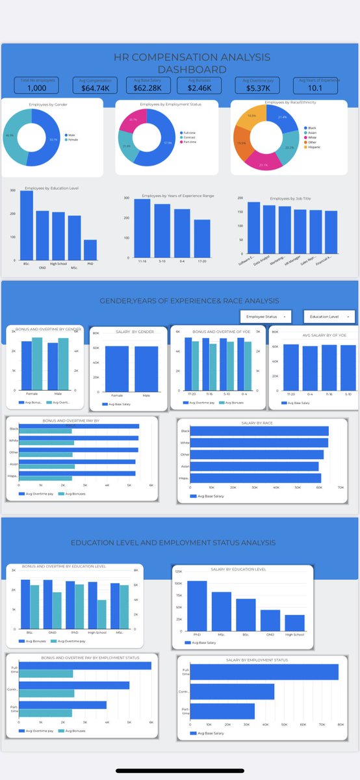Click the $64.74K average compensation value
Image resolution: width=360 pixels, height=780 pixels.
[x=95, y=87]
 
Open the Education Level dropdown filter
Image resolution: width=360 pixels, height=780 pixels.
[x=329, y=317]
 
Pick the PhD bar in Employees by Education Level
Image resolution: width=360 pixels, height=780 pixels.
[x=90, y=250]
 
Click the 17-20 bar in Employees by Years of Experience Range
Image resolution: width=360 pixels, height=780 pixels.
[x=202, y=240]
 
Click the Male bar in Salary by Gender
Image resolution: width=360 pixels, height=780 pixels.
[x=146, y=367]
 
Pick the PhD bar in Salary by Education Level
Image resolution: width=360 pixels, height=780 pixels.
[x=198, y=605]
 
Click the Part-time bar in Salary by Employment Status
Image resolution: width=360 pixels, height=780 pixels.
[x=222, y=711]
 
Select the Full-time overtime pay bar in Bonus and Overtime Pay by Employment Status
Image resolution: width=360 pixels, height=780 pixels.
[x=84, y=666]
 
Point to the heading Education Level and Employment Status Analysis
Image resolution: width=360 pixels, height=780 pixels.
[x=173, y=542]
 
